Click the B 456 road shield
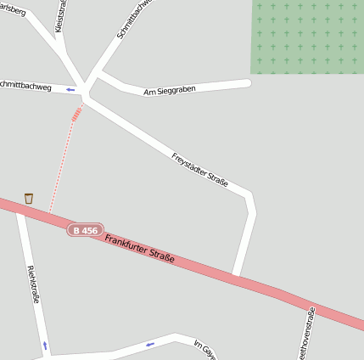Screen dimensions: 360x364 85,230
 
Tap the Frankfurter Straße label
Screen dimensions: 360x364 140,248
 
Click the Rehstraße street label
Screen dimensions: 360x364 34,284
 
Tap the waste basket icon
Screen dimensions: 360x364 29,198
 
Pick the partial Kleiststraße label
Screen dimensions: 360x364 60,17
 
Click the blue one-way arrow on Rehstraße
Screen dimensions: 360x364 45,345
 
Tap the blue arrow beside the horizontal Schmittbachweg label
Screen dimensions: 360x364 70,88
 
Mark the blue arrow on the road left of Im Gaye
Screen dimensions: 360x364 150,344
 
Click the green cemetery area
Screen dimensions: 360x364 306,37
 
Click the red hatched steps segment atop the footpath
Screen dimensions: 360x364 77,114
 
